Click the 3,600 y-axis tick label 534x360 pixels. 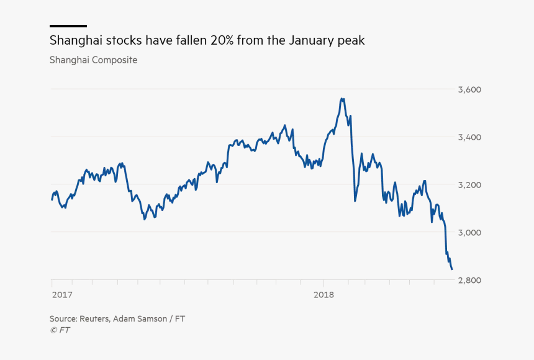[x=469, y=89]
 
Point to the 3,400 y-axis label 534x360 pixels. [x=469, y=137]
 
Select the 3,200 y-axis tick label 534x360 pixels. [x=469, y=185]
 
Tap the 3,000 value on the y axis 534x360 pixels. [x=469, y=232]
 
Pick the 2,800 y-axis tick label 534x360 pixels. [x=469, y=280]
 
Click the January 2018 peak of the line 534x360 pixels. [x=342, y=98]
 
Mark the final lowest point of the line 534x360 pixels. [x=451, y=269]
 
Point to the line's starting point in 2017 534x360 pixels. [x=52, y=199]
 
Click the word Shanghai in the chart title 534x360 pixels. [x=73, y=41]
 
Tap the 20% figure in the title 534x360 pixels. [x=221, y=41]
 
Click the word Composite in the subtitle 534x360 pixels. [x=115, y=60]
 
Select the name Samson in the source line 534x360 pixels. [x=149, y=318]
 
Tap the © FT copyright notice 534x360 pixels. [x=60, y=330]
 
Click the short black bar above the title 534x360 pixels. [x=68, y=26]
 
